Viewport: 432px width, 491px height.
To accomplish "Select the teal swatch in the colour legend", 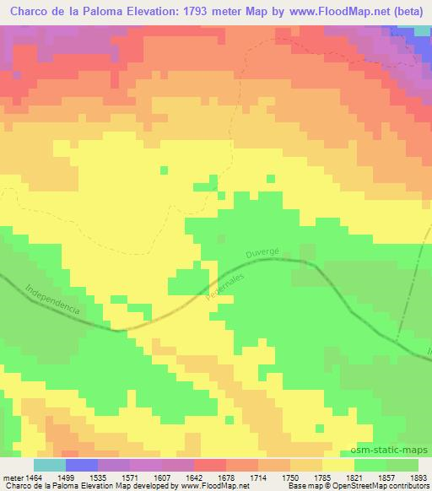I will (x=50, y=465).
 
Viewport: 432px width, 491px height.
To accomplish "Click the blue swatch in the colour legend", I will (x=82, y=465).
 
